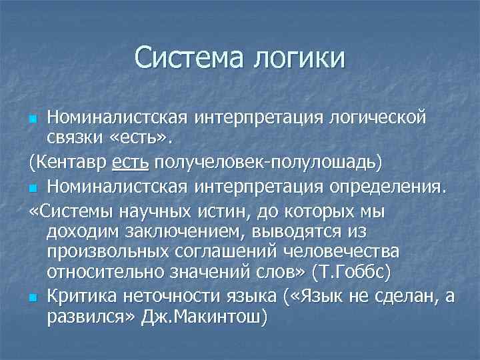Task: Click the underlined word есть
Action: (x=129, y=163)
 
